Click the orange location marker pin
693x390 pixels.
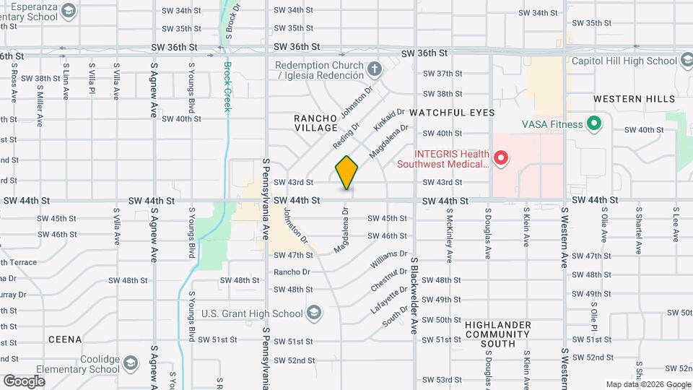(346, 172)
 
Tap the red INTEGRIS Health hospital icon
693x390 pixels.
(500, 157)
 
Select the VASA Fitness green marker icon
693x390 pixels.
(593, 124)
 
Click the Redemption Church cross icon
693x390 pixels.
(374, 70)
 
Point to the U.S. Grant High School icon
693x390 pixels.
(313, 313)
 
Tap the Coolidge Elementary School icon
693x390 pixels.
(130, 362)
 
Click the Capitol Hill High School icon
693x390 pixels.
(684, 61)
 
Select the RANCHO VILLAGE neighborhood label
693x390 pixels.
(316, 122)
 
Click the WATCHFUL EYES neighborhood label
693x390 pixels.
(452, 113)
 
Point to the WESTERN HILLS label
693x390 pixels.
(634, 98)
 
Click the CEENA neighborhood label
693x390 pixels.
(64, 339)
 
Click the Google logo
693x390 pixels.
(24, 381)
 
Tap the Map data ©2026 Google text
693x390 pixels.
(648, 384)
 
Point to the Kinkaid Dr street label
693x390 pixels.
(385, 121)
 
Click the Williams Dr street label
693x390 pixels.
(388, 259)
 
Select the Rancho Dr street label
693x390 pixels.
(292, 272)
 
